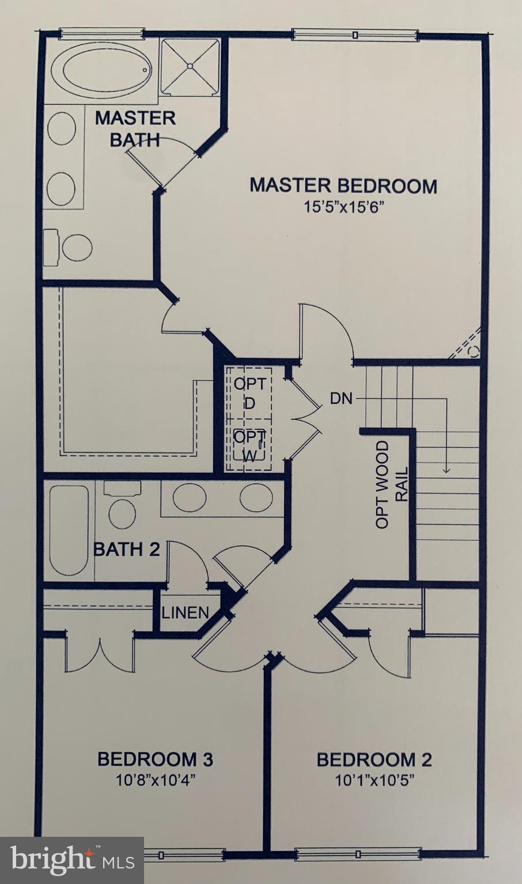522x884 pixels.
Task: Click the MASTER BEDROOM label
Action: [343, 186]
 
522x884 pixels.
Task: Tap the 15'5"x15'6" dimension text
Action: [343, 207]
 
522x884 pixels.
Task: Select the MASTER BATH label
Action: [135, 128]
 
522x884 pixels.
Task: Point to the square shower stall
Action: [190, 66]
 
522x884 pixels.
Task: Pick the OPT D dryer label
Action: [249, 393]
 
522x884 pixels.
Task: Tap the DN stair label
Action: [341, 398]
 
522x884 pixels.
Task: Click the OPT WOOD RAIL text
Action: [391, 485]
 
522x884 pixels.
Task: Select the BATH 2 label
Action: [126, 549]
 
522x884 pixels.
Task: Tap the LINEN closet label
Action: [185, 612]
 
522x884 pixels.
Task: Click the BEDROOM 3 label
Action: [155, 759]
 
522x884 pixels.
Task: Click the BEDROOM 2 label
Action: [374, 760]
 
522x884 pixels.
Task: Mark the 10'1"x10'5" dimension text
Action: [375, 780]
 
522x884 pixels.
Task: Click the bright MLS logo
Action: [72, 860]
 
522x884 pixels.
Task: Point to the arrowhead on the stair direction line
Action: [446, 470]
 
